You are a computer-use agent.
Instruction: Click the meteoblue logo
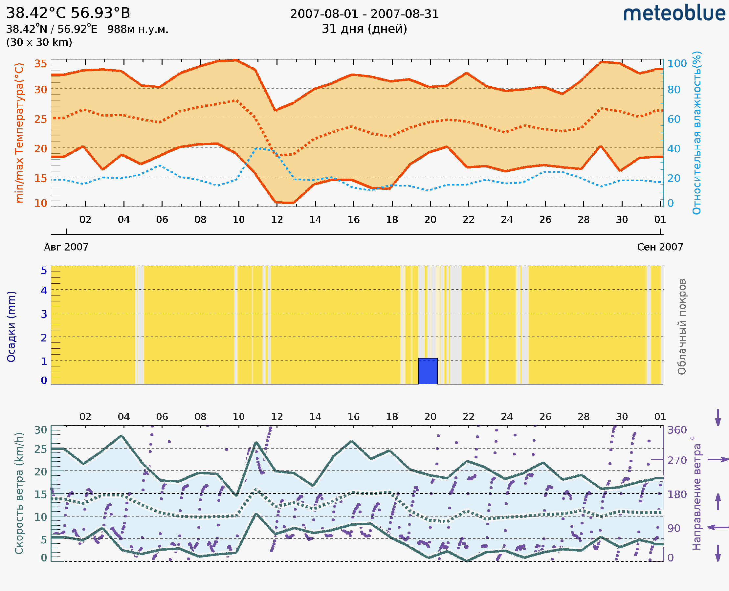point(674,13)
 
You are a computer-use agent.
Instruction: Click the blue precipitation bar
point(428,371)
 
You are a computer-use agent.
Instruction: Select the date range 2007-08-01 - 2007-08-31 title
point(364,14)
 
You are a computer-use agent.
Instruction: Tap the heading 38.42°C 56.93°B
point(68,13)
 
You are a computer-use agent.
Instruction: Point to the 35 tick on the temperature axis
point(40,64)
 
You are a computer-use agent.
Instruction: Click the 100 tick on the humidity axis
point(677,64)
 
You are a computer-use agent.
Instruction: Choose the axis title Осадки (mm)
point(11,327)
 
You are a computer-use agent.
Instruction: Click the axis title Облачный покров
point(682,327)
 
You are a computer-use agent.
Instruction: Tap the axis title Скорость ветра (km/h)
point(19,493)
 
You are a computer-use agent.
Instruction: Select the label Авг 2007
point(66,247)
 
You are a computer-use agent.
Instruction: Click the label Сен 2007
point(660,247)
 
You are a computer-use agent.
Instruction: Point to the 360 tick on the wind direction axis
point(677,430)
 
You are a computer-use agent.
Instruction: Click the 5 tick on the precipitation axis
point(44,271)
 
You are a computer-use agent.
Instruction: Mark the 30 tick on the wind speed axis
point(40,430)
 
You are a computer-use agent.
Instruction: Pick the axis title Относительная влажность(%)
point(696,133)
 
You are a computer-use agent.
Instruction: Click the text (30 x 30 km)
point(39,42)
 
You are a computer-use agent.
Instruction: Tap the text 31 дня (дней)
point(364,29)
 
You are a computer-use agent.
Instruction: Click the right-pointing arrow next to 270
point(718,460)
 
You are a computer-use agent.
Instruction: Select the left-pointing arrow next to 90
point(718,527)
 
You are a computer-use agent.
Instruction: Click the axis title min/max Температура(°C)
point(19,133)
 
